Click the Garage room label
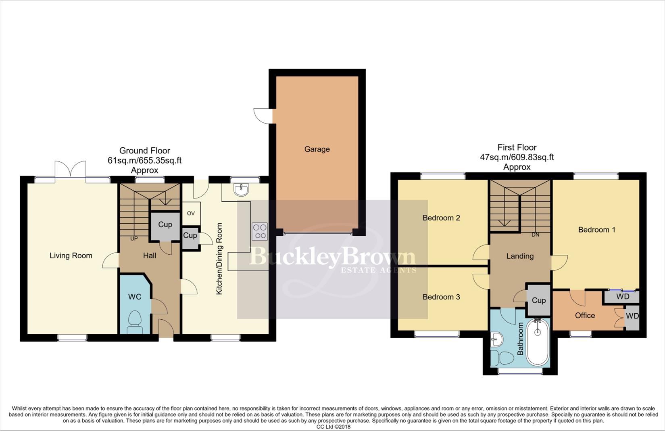[317, 149]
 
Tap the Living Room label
[71, 256]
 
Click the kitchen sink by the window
[242, 189]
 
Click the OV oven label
[191, 214]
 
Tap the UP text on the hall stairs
[134, 239]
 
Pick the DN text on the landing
[535, 235]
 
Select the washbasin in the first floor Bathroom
[497, 340]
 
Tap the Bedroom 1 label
[596, 230]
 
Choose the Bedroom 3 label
[441, 297]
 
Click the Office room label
[585, 316]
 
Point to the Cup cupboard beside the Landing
[539, 300]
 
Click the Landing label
[520, 256]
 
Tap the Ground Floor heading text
[145, 151]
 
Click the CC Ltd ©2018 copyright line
[333, 427]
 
